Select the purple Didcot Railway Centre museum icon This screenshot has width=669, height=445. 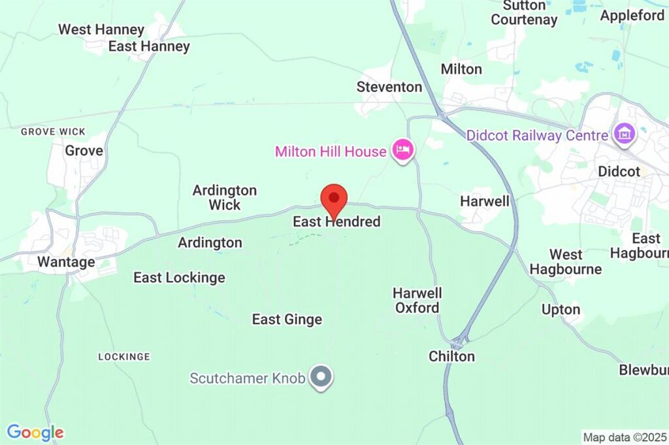(624, 135)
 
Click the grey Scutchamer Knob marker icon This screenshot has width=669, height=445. (321, 377)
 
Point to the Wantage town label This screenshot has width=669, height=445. (66, 262)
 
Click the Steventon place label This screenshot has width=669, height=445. (389, 86)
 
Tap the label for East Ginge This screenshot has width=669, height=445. (287, 320)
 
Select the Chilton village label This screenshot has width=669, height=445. (451, 356)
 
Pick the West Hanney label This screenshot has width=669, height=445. (101, 29)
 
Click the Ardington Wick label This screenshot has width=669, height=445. (224, 197)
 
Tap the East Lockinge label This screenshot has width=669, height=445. (179, 278)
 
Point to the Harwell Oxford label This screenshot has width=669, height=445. (417, 300)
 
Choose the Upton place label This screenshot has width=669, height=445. (561, 309)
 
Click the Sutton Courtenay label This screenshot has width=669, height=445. (525, 12)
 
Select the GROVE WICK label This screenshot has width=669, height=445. (53, 131)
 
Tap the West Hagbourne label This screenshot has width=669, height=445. (566, 261)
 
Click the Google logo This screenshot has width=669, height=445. (35, 432)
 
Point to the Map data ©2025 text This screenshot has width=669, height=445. (625, 437)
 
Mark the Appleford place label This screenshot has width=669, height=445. (632, 16)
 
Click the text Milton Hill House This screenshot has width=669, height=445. (331, 152)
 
